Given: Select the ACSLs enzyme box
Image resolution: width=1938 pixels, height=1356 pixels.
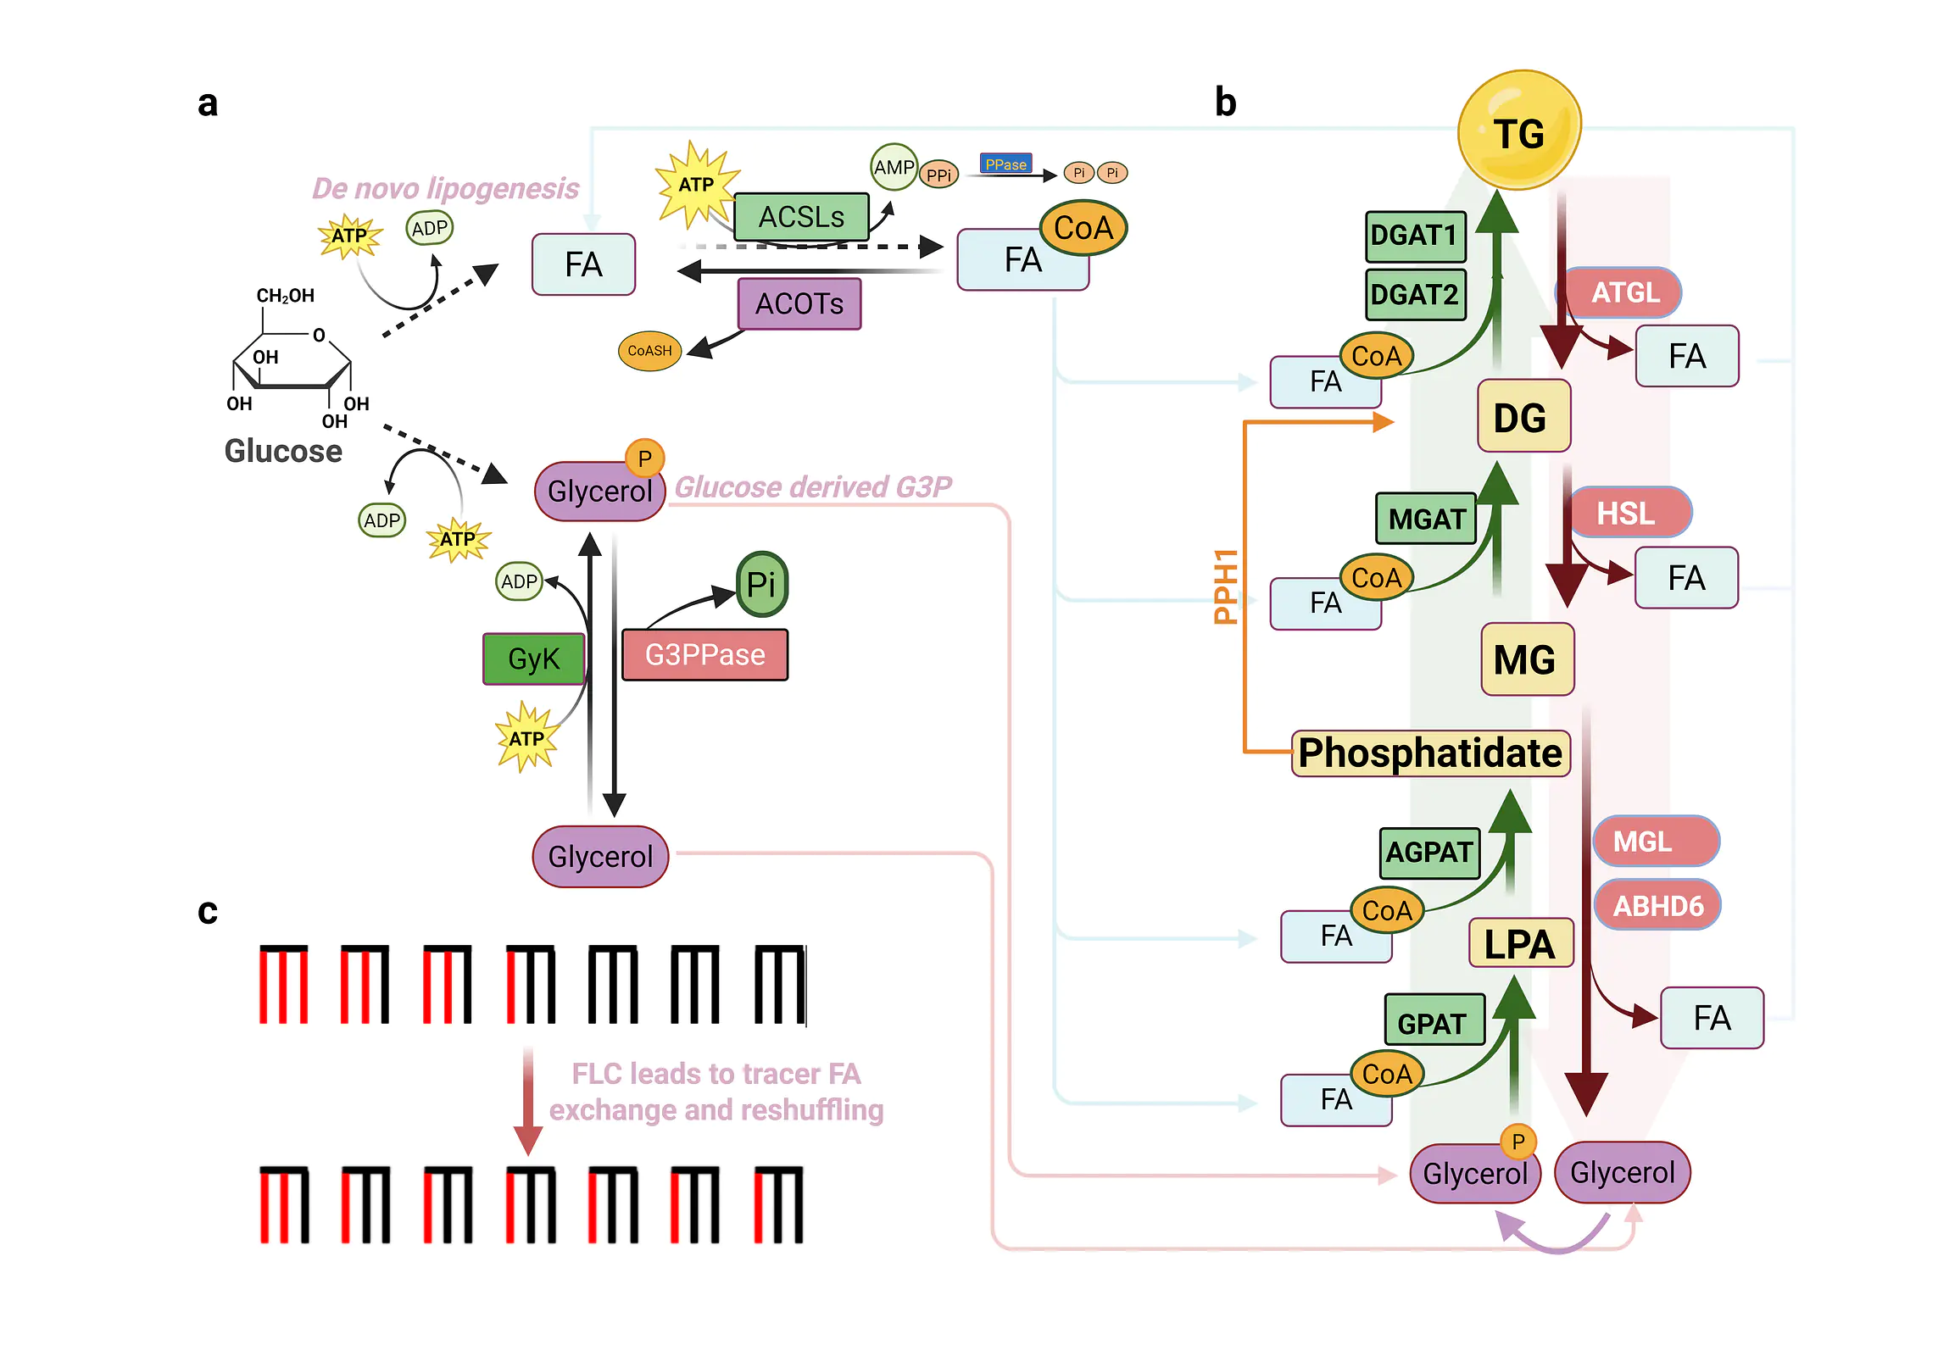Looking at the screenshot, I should pos(800,217).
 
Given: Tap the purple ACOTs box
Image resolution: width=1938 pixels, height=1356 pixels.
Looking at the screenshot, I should pos(799,303).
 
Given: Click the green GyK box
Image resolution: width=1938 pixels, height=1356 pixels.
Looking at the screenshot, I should pos(533,659).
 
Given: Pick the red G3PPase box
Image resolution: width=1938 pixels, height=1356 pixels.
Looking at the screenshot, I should pos(704,655).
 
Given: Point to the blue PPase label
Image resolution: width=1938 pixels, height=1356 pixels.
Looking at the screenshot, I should pos(1005,164).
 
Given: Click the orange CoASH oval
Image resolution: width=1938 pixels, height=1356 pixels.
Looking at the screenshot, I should pos(649,351).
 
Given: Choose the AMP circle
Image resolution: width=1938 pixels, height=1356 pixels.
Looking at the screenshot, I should pos(894,167).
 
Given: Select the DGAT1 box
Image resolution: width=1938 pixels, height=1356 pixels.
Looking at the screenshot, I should pos(1415,236).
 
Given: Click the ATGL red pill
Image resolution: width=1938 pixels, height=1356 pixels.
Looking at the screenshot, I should pos(1623,292).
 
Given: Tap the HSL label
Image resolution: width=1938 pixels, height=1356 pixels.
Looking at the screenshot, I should pos(1626,513).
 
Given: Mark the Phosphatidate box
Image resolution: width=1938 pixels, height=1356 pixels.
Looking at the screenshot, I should pos(1430,753).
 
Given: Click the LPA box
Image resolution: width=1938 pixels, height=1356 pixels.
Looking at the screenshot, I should pos(1520,943).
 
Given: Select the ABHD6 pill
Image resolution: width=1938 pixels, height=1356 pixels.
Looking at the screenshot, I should pos(1657,906).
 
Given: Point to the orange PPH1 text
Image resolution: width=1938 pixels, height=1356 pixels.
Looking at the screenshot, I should pos(1226,586).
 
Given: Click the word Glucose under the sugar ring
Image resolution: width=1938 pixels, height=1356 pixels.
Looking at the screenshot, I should pos(283,451).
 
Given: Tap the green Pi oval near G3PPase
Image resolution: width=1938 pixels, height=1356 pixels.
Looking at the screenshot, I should pos(761,584).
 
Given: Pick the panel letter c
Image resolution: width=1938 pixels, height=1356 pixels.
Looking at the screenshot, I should pos(208,912).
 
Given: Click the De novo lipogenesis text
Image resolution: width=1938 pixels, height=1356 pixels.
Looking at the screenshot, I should pos(445,188).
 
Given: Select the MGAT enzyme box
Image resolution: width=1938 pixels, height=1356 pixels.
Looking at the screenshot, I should pos(1427,519).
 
